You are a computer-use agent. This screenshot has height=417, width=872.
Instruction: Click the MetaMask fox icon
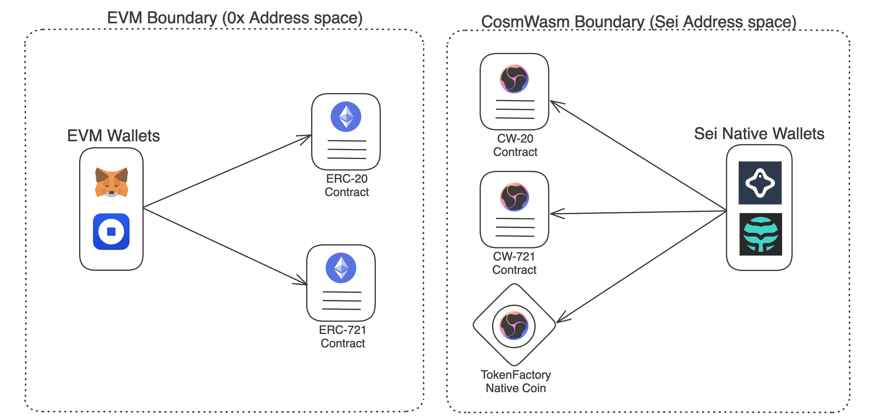(111, 182)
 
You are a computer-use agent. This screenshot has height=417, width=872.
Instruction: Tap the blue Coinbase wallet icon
(111, 232)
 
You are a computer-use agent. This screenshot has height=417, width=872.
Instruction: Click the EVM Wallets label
(113, 136)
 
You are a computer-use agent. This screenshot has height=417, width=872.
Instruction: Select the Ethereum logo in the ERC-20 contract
(346, 117)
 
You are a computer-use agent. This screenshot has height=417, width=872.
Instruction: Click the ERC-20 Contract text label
(347, 185)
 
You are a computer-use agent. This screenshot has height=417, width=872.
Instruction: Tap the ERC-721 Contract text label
(343, 336)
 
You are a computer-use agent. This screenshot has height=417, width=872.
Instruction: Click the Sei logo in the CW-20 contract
(514, 79)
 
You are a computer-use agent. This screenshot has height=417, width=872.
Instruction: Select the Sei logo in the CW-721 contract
(514, 197)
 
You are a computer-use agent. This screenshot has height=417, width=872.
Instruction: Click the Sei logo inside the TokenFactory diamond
(514, 326)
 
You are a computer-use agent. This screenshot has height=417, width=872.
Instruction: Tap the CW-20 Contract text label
(515, 145)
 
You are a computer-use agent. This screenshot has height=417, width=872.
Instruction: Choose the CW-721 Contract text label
(514, 263)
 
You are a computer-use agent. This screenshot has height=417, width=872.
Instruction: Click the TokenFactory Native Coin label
(515, 381)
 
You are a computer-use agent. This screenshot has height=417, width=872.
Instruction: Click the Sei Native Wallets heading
(759, 134)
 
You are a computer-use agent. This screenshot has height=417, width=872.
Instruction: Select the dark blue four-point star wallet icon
(760, 183)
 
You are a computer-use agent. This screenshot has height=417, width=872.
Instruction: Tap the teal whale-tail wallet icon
(760, 234)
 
